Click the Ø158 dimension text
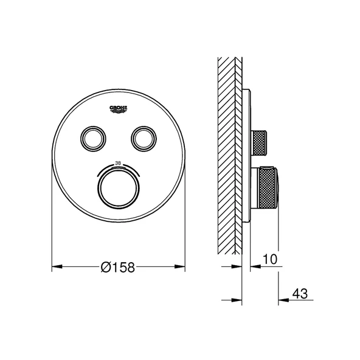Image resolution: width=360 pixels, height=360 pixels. point(117,266)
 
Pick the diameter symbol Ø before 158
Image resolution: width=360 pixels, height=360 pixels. point(105,266)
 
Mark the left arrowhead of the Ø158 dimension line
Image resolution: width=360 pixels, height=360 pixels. point(55,266)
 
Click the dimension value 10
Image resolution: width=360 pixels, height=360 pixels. point(271,259)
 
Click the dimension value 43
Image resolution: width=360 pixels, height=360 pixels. point(299,293)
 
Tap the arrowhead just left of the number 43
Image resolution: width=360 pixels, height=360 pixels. point(283,299)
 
